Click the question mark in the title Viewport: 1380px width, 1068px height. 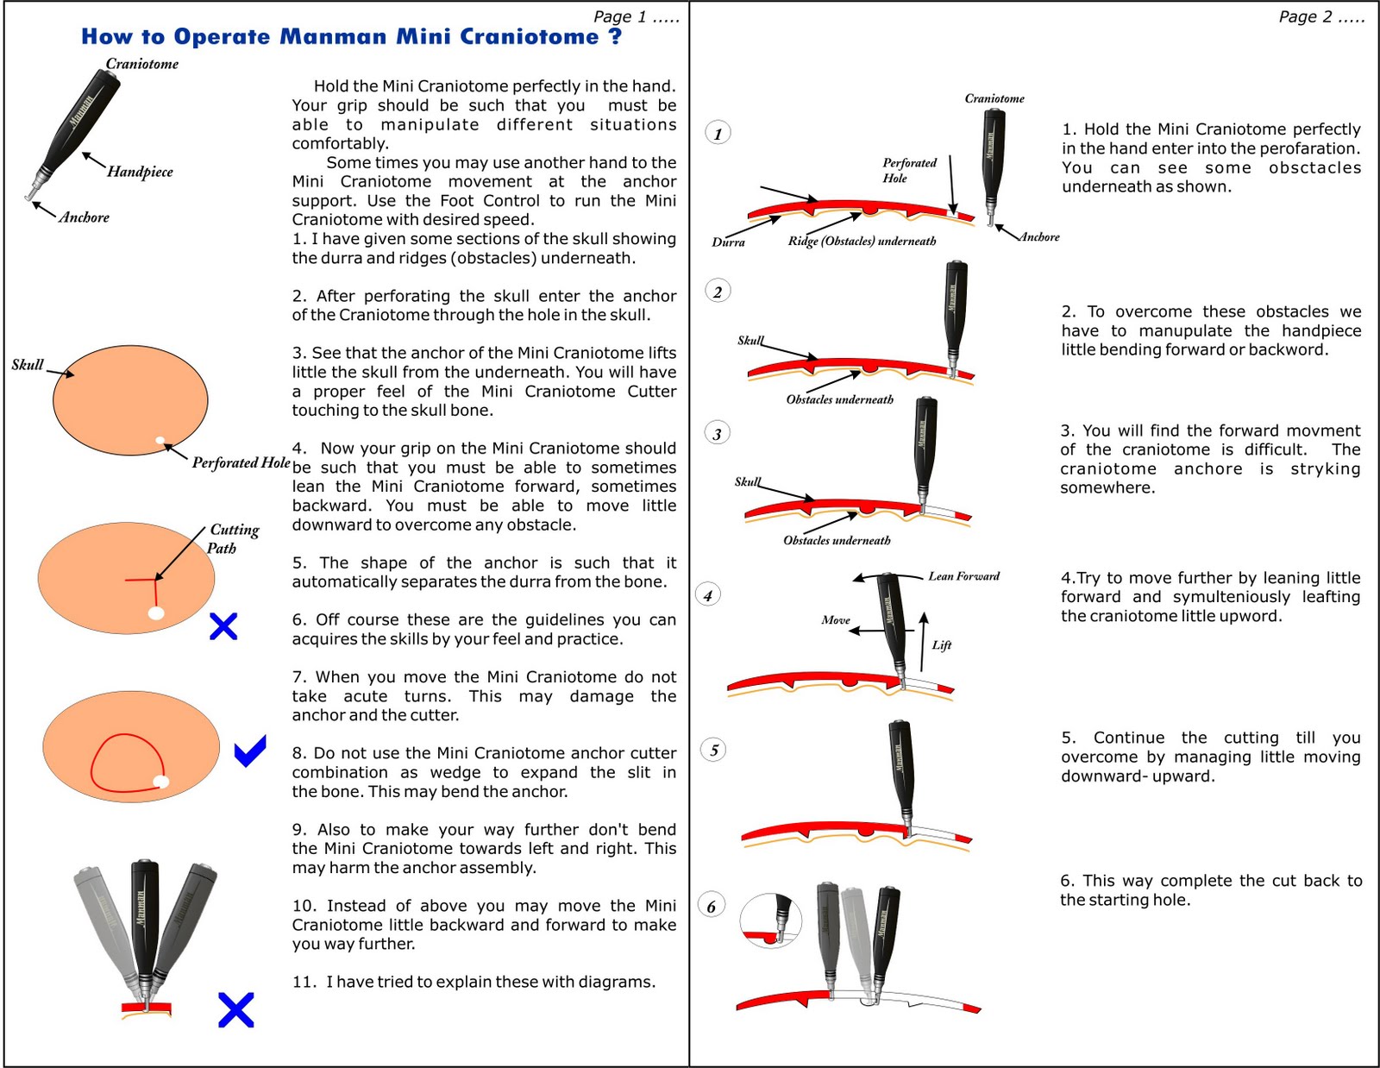pyautogui.click(x=614, y=36)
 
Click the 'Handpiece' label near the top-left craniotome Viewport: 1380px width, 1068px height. pyautogui.click(x=140, y=172)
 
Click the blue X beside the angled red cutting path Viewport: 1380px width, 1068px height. pyautogui.click(x=223, y=626)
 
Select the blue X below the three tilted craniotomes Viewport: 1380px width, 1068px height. pyautogui.click(x=235, y=1010)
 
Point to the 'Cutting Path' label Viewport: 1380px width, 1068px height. pyautogui.click(x=233, y=538)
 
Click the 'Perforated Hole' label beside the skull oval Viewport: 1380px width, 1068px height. pyautogui.click(x=241, y=462)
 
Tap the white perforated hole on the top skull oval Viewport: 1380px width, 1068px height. pyautogui.click(x=160, y=441)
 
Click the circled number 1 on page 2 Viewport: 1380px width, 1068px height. pyautogui.click(x=718, y=133)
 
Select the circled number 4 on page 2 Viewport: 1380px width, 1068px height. pyautogui.click(x=708, y=595)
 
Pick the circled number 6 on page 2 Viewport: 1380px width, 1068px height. pyautogui.click(x=712, y=906)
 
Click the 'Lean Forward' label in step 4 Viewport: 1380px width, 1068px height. pyautogui.click(x=963, y=576)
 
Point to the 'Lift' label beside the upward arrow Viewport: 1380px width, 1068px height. pyautogui.click(x=941, y=645)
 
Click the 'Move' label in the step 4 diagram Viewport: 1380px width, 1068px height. pyautogui.click(x=835, y=620)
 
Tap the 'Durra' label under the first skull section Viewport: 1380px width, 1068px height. pyautogui.click(x=728, y=242)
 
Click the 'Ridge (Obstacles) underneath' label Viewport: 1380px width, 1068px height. pyautogui.click(x=861, y=242)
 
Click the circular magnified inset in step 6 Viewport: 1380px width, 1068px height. pyautogui.click(x=771, y=920)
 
